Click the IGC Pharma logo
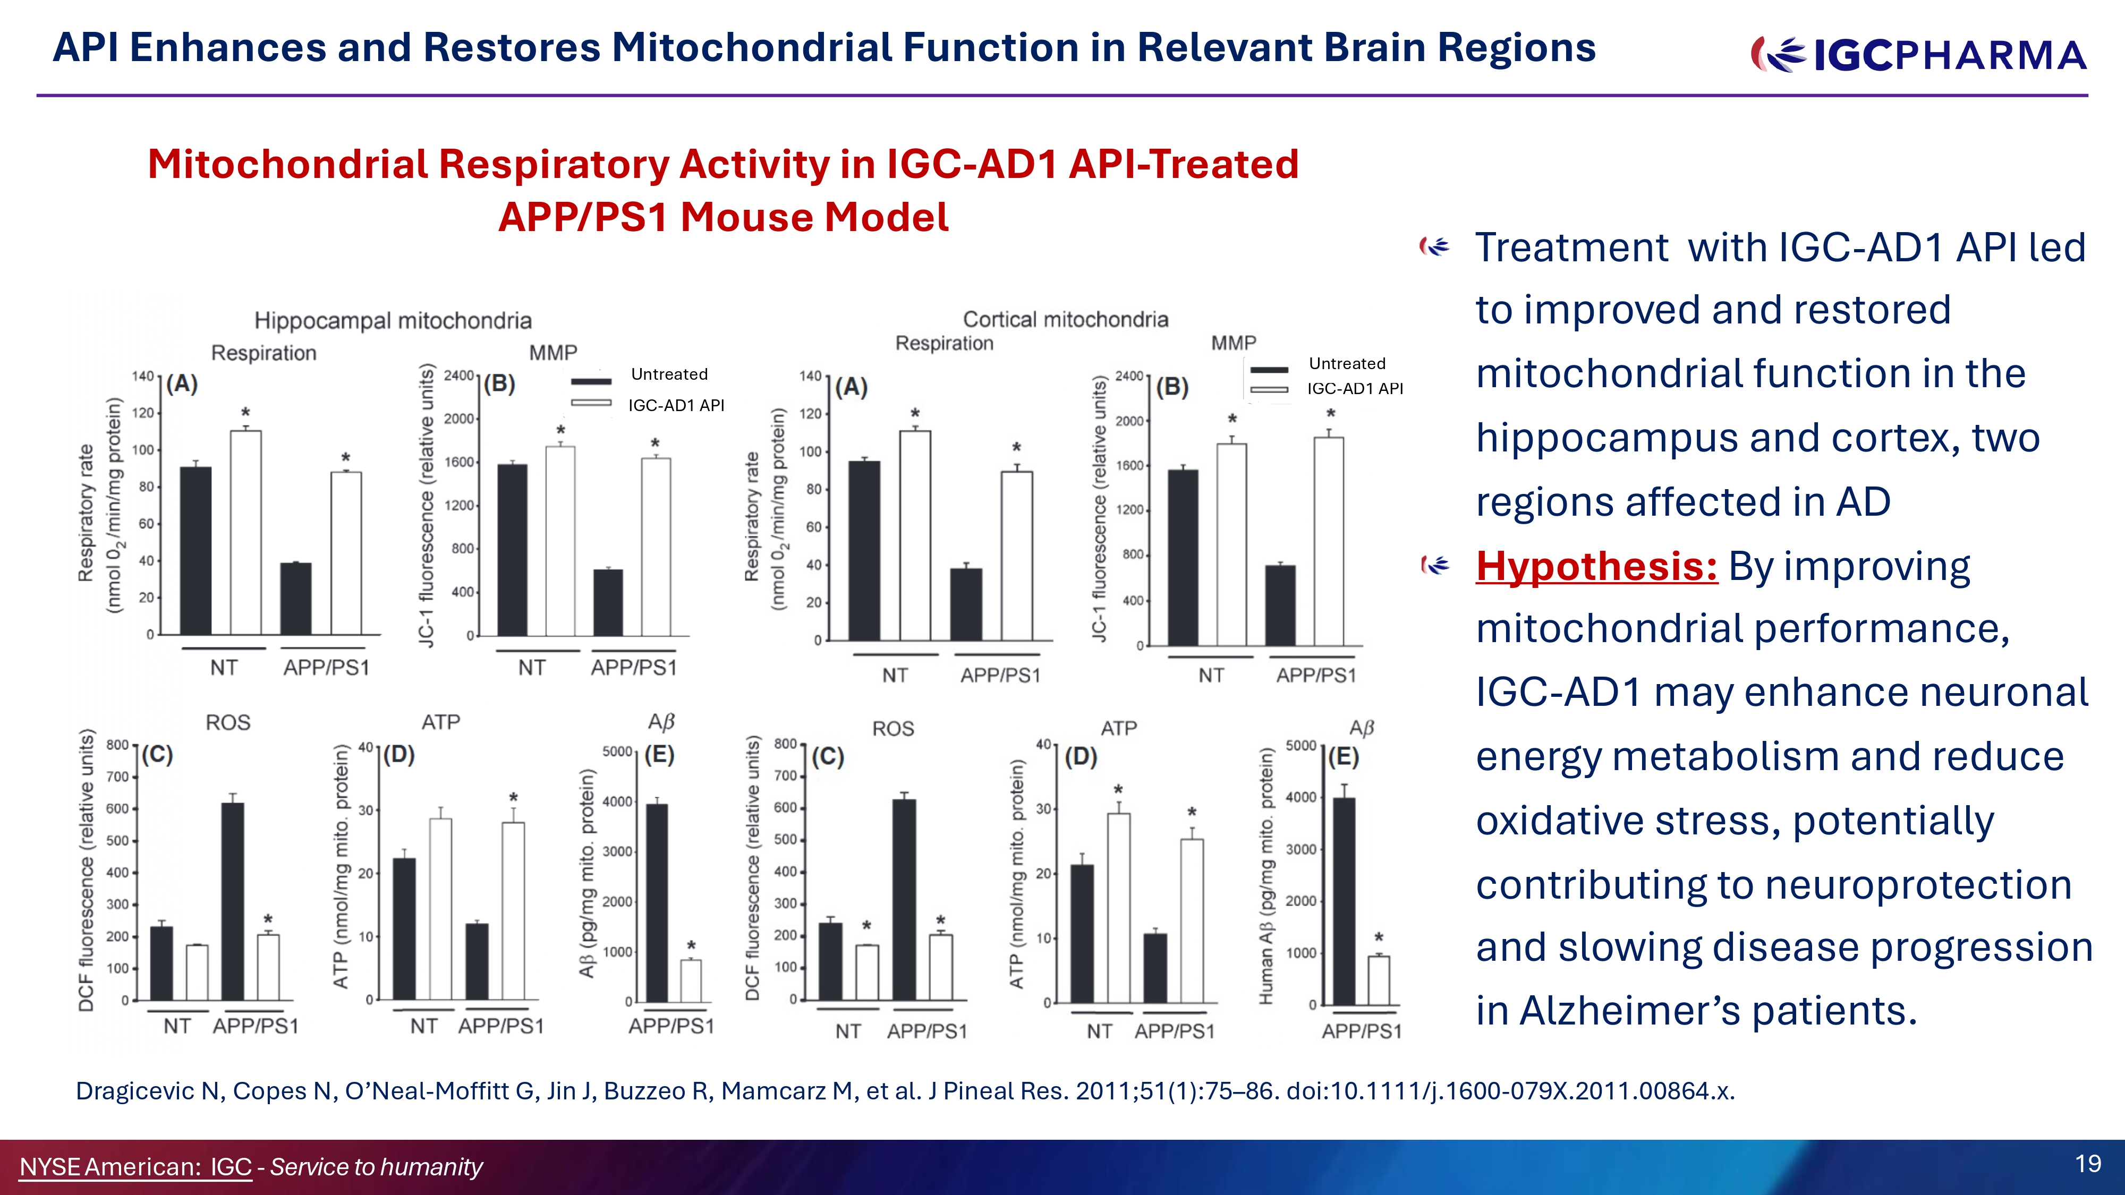pyautogui.click(x=1918, y=54)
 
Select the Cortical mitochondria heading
pyautogui.click(x=1065, y=319)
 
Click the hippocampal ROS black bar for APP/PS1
pyautogui.click(x=233, y=901)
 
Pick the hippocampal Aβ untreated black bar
pyautogui.click(x=657, y=903)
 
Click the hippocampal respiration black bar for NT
pyautogui.click(x=195, y=550)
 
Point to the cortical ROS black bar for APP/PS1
pyautogui.click(x=904, y=900)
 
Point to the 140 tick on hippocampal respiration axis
pyautogui.click(x=143, y=376)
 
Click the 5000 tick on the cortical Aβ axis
pyautogui.click(x=1301, y=746)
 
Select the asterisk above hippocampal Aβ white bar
pyautogui.click(x=691, y=946)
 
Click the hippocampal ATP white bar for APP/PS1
pyautogui.click(x=513, y=910)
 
